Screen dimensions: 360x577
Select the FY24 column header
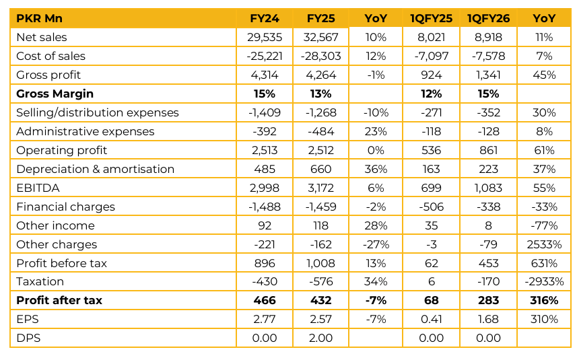pos(265,18)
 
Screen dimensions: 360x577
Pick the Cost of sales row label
pos(50,56)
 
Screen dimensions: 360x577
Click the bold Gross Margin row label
pos(55,94)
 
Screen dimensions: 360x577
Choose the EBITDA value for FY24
pos(265,188)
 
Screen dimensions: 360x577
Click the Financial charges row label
pos(65,207)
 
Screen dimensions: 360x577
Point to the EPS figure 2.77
pos(265,320)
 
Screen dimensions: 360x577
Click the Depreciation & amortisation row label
pos(95,169)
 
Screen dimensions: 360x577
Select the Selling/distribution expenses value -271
pos(431,112)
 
